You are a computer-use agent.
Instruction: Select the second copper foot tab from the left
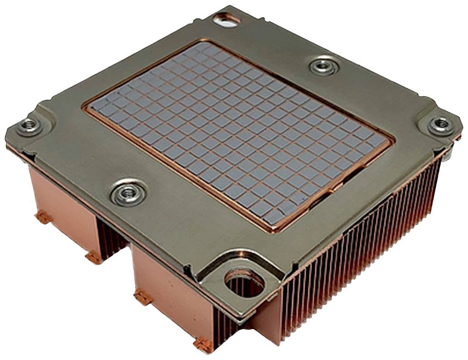click(94, 257)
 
